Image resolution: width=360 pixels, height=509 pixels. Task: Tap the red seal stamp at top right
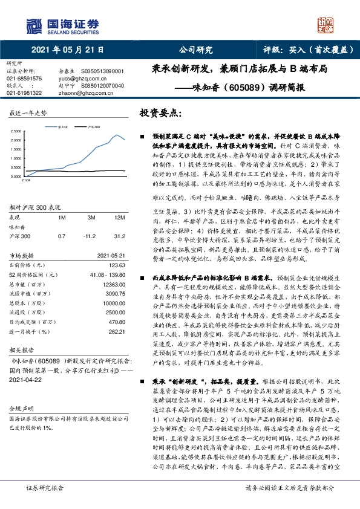click(326, 25)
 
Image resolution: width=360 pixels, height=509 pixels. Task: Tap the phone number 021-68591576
click(24, 79)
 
